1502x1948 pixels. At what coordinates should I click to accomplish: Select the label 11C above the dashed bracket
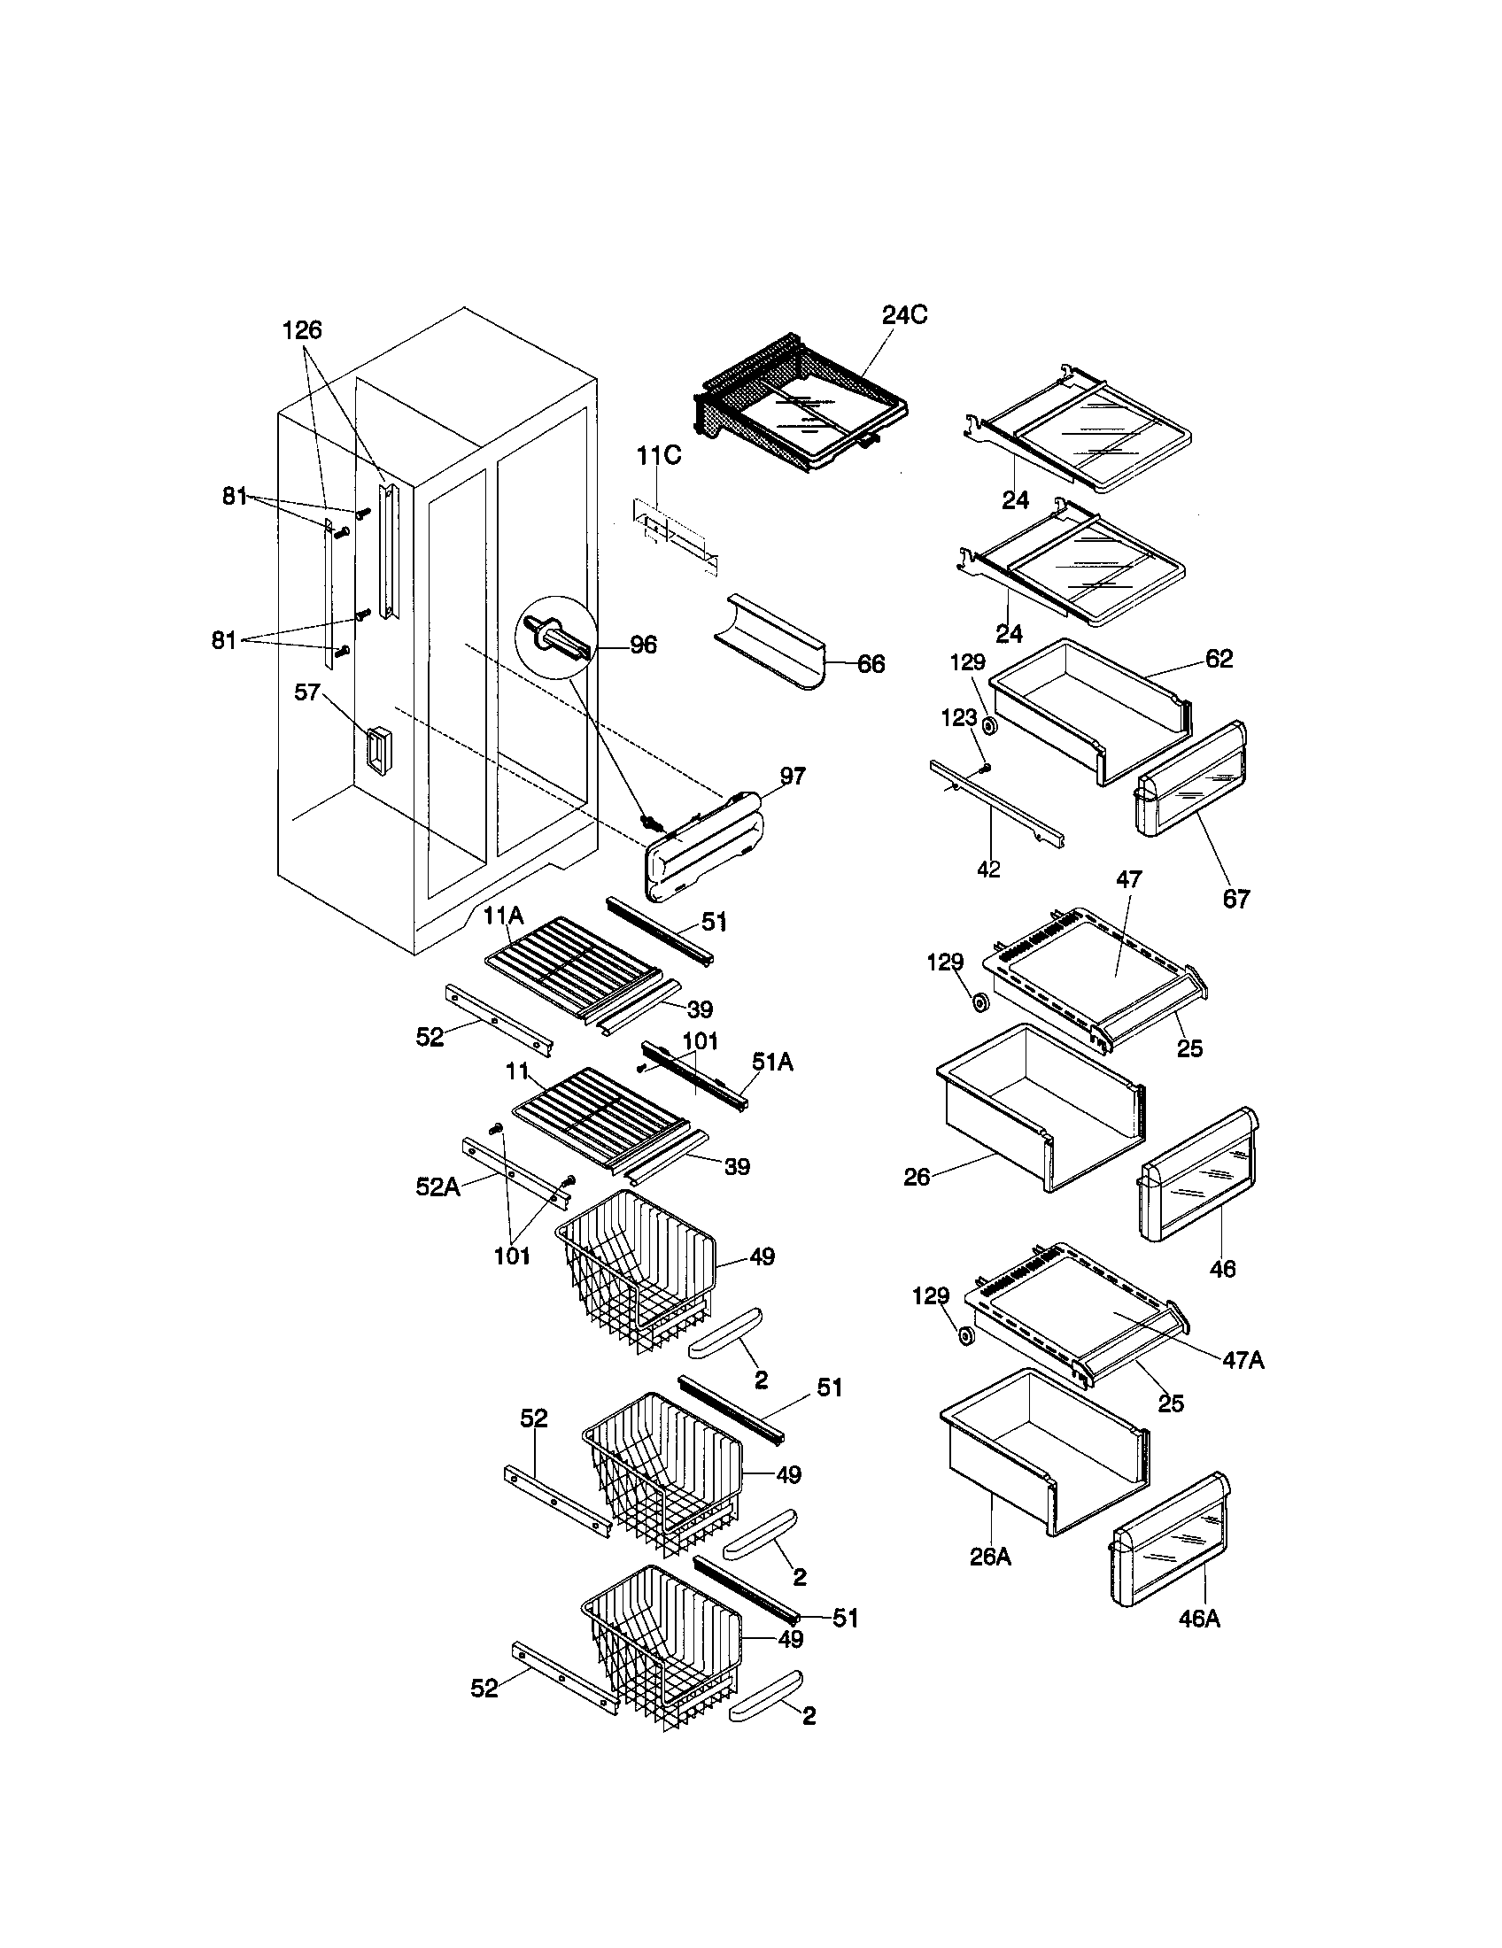pyautogui.click(x=658, y=456)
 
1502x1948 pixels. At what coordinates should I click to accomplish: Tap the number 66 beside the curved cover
pyautogui.click(x=871, y=663)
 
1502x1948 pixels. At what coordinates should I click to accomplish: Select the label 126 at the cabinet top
pyautogui.click(x=301, y=331)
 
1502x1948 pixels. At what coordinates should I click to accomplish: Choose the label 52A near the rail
pyautogui.click(x=437, y=1187)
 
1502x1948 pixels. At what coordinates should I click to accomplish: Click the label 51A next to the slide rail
pyautogui.click(x=771, y=1062)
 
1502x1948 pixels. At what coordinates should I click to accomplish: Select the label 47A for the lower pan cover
pyautogui.click(x=1243, y=1359)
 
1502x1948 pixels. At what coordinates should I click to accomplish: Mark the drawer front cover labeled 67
pyautogui.click(x=1192, y=781)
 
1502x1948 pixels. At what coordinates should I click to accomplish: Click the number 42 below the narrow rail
pyautogui.click(x=988, y=869)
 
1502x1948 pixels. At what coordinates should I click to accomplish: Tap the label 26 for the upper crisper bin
pyautogui.click(x=917, y=1178)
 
